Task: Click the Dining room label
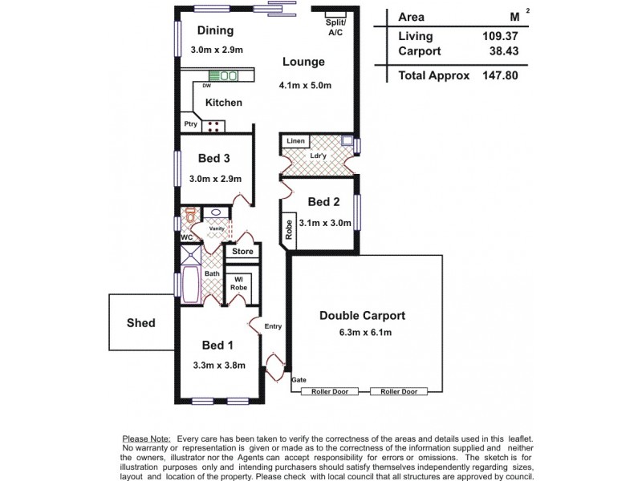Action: [214, 31]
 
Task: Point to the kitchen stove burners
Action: [215, 124]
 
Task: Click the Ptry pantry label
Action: [190, 124]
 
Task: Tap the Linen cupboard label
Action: [296, 141]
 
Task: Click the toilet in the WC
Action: [191, 216]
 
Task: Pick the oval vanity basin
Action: [216, 213]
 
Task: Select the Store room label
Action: [242, 252]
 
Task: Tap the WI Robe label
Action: [238, 283]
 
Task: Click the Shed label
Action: [140, 323]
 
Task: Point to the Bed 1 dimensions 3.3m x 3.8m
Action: [218, 365]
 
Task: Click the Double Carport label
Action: [362, 315]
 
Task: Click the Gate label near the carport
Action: [299, 379]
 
